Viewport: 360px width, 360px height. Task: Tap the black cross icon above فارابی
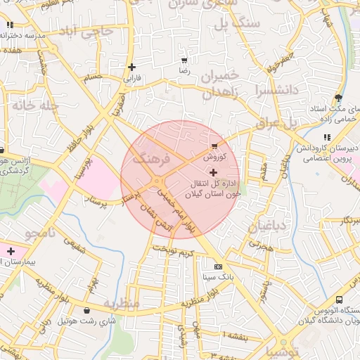click(131, 67)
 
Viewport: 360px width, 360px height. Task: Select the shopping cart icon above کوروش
click(214, 147)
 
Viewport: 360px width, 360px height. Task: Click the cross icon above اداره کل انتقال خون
click(214, 172)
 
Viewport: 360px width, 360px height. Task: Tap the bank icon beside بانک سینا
click(217, 266)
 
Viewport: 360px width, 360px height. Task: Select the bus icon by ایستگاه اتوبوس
click(340, 300)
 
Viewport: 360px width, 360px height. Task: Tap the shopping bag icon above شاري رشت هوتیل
click(86, 310)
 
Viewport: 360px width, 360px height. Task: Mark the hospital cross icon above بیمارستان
click(11, 251)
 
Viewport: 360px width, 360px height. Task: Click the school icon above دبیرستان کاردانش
click(326, 137)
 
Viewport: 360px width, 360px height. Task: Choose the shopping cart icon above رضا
click(184, 60)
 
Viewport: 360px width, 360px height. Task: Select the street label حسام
click(93, 77)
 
